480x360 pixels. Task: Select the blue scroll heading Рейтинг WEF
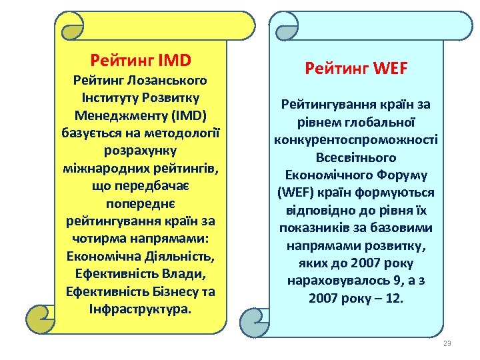coord(356,68)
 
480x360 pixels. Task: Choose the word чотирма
coord(99,238)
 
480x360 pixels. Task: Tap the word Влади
coord(181,274)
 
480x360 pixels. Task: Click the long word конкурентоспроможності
coord(356,140)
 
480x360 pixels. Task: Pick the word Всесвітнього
coord(356,158)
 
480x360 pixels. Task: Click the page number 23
coord(447,343)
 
